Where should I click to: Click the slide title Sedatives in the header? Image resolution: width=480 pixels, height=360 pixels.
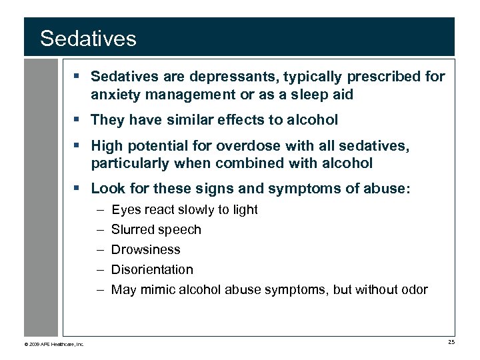tap(88, 38)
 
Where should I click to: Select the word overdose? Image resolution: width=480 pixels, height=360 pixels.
tap(256, 145)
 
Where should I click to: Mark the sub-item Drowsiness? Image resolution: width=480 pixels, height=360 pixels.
tap(145, 249)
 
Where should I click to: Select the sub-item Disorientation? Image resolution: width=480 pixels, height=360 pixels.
tap(152, 269)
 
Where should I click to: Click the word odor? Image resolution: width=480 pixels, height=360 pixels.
tap(413, 289)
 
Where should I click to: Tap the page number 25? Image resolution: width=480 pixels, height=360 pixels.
tap(451, 343)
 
